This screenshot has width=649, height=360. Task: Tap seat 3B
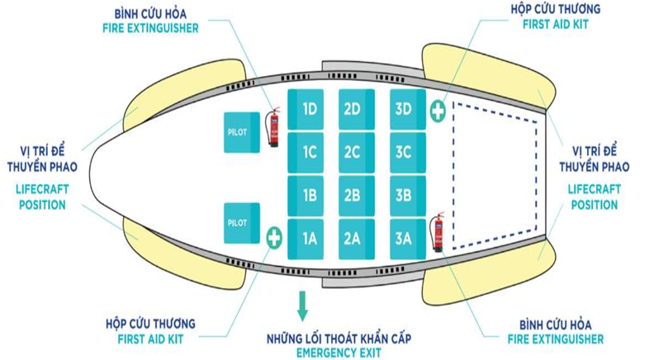click(404, 196)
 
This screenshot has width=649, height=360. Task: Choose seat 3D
click(404, 108)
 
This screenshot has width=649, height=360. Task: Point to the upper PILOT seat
click(242, 132)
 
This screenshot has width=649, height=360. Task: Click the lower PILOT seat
click(242, 222)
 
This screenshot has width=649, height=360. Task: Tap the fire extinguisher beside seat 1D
click(272, 127)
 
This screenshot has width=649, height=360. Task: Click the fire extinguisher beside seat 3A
click(437, 232)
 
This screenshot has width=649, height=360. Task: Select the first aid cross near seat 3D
click(437, 109)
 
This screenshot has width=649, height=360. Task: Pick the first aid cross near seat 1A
click(274, 238)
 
